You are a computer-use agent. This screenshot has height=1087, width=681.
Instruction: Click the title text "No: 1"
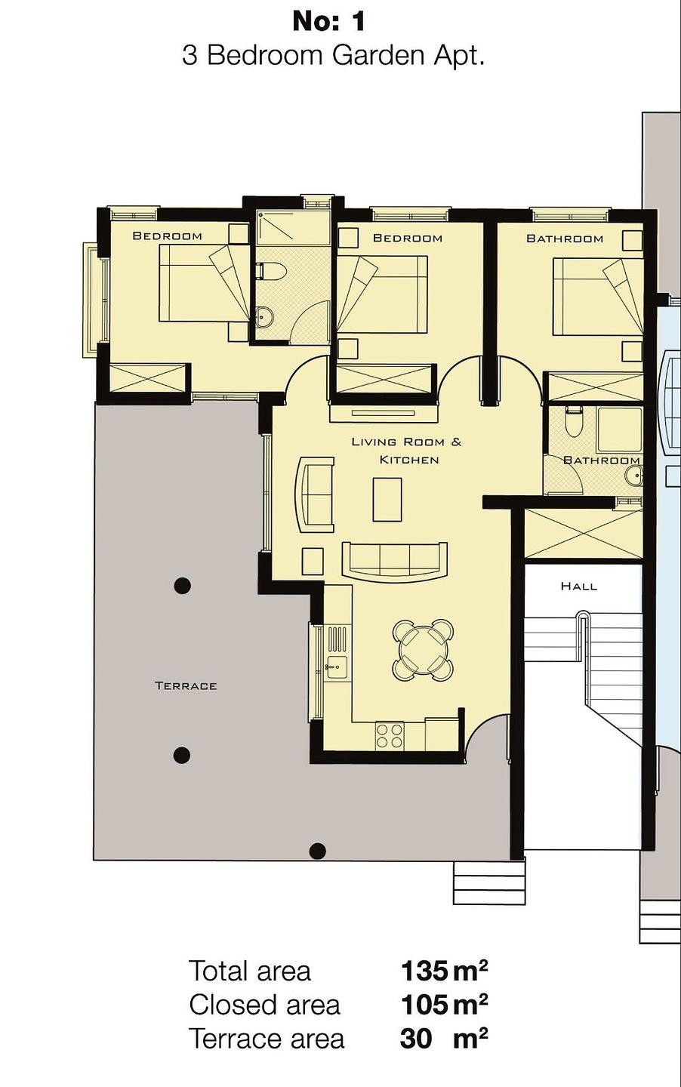click(x=329, y=21)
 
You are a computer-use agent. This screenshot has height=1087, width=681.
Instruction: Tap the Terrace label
click(x=186, y=685)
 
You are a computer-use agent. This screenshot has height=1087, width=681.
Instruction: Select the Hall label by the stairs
click(x=579, y=586)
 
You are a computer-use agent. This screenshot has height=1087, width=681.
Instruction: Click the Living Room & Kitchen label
click(x=406, y=451)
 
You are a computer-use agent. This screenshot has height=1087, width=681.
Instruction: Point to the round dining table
click(x=423, y=649)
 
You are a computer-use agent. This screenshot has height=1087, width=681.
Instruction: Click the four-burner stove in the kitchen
click(x=390, y=736)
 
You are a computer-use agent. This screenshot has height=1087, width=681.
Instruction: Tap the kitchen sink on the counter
click(x=336, y=667)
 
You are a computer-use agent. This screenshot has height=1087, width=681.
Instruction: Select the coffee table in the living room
click(x=387, y=500)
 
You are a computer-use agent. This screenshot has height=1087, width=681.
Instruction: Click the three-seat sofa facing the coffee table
click(x=395, y=560)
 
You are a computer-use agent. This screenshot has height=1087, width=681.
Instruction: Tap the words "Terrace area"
click(x=267, y=1039)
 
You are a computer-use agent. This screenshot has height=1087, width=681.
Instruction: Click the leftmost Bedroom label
click(x=167, y=236)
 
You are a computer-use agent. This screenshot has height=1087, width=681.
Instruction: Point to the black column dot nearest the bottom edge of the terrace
click(x=318, y=851)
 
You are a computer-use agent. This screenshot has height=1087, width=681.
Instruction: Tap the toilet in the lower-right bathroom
click(x=575, y=423)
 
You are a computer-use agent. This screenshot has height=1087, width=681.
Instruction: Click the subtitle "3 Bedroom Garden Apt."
click(x=333, y=56)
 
